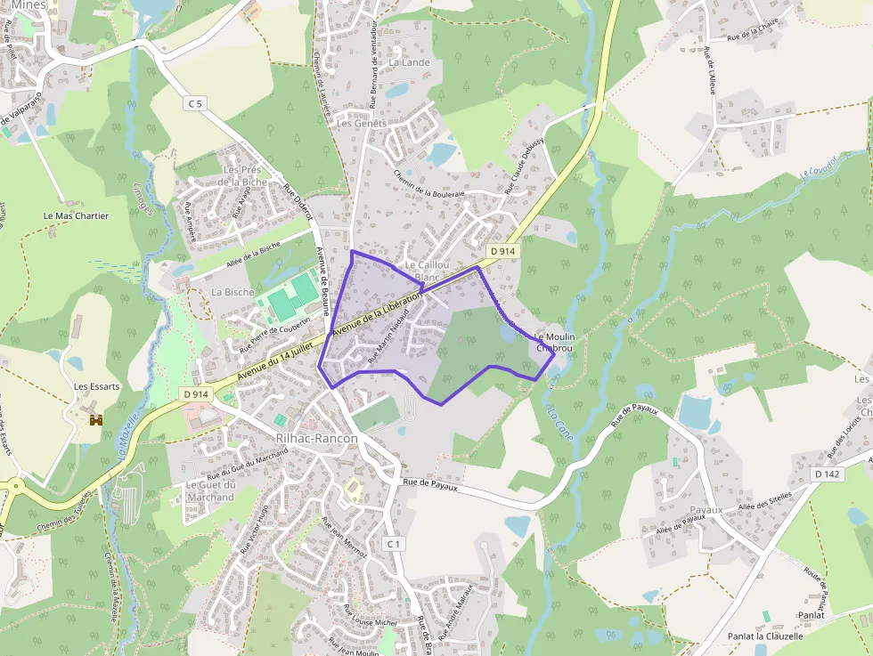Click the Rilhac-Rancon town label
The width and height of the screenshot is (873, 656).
[317, 439]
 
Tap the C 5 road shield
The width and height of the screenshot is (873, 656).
[195, 104]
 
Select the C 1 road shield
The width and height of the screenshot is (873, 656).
[394, 543]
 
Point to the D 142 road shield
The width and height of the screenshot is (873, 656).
[828, 474]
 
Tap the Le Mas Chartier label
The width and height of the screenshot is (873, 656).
[76, 216]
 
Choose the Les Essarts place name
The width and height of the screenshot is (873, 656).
[96, 387]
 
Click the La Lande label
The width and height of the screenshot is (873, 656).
[409, 63]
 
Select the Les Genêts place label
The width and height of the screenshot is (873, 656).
[363, 124]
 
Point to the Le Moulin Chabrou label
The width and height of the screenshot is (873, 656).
[555, 343]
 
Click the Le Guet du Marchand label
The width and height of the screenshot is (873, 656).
[210, 491]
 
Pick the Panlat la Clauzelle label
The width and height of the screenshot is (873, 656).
[765, 636]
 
